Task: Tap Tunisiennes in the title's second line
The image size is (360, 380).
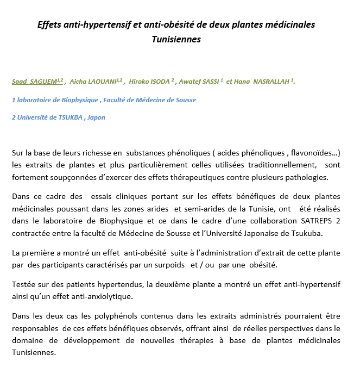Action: pyautogui.click(x=176, y=39)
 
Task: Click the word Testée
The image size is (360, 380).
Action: pyautogui.click(x=23, y=285)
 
